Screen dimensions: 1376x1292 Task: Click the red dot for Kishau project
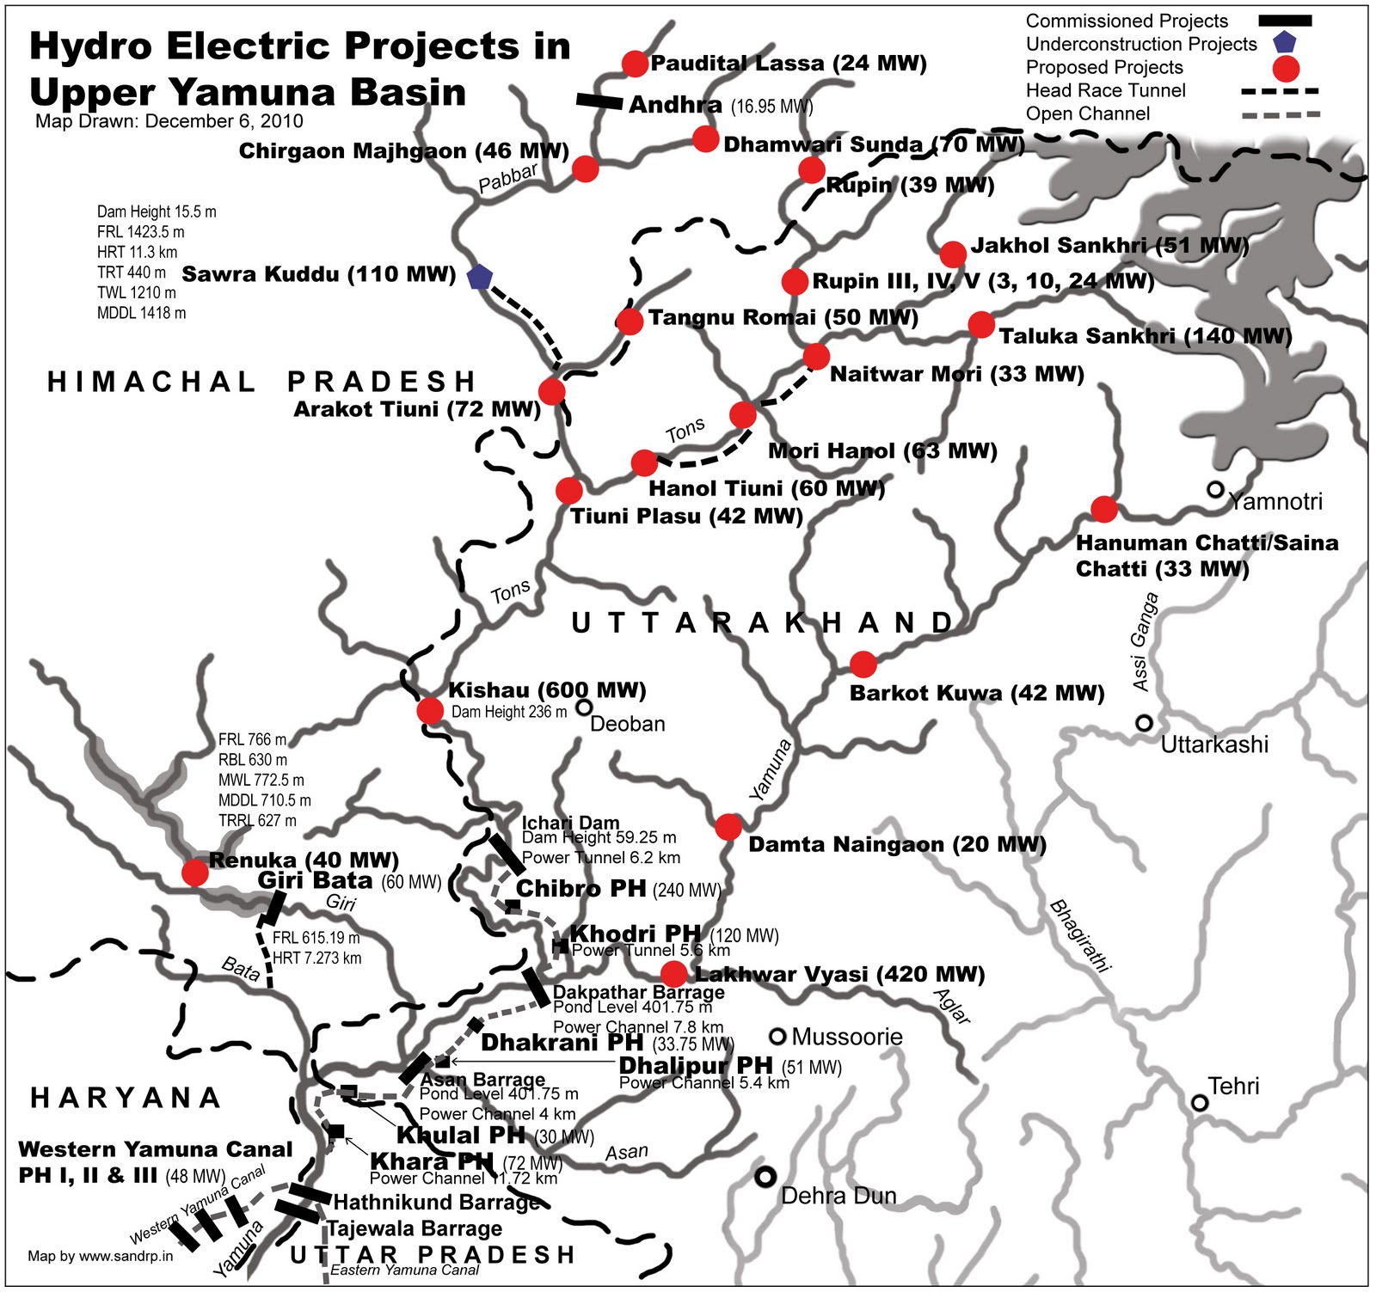429,710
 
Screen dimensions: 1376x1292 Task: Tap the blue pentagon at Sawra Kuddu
479,277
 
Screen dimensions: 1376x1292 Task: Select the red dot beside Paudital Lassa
635,64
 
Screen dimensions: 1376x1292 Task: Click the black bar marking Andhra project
599,101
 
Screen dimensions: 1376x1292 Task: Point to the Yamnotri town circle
1214,489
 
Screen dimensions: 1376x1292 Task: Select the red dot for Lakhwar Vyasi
674,974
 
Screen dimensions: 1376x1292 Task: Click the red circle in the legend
1285,69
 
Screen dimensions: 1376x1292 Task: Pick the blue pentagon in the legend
1285,42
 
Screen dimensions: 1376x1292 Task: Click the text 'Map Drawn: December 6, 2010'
169,121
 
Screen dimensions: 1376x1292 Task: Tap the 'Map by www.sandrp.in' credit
100,1256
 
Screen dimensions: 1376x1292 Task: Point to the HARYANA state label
126,1098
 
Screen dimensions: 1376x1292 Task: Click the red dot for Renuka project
195,873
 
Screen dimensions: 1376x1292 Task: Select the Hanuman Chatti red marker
1104,509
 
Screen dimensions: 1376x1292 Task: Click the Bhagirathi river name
1079,935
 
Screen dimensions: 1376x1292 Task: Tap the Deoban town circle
584,707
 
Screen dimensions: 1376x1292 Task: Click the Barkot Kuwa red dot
863,664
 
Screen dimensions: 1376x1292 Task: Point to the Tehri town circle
1199,1102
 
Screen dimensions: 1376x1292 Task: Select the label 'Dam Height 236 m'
509,712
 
